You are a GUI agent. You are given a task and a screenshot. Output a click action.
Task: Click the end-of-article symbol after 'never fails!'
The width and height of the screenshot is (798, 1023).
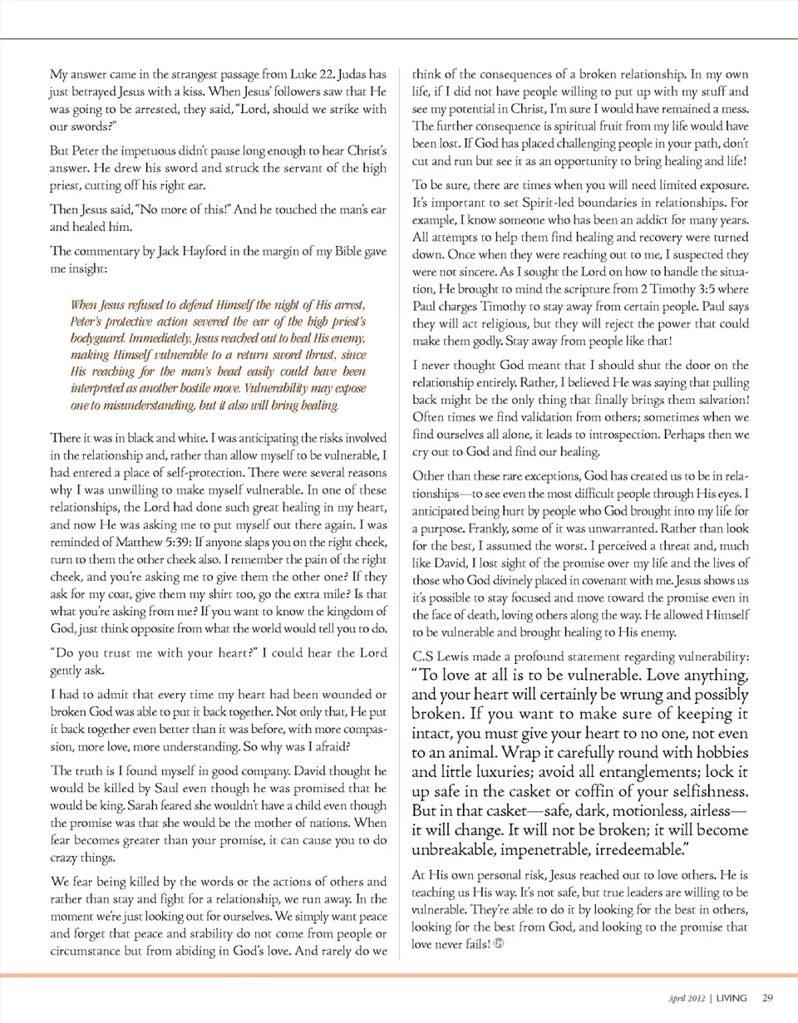[x=499, y=944]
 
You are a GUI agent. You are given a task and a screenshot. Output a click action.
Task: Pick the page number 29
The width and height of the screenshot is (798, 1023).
[x=767, y=997]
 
